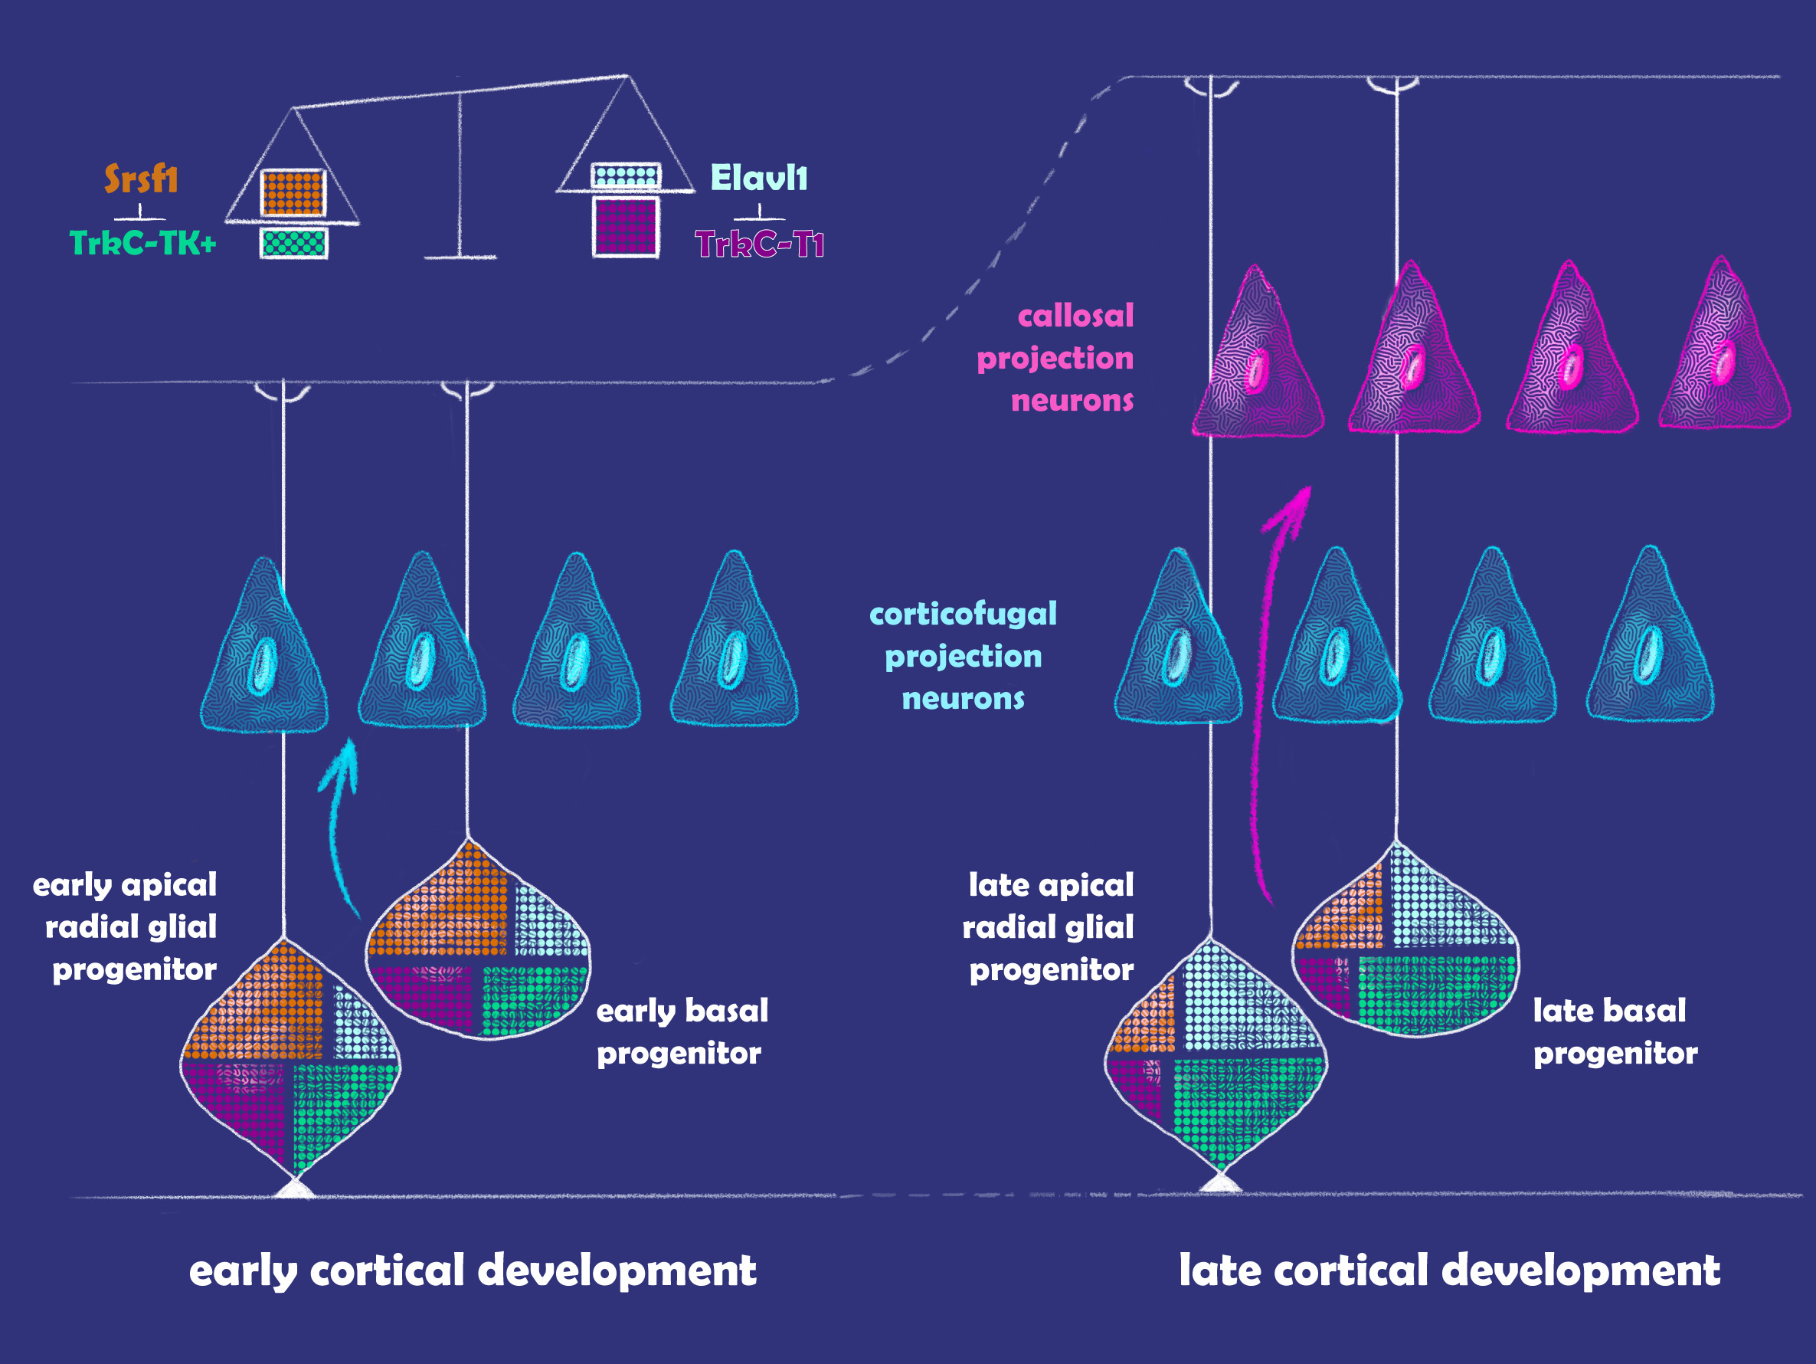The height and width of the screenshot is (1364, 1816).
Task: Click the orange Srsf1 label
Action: [140, 179]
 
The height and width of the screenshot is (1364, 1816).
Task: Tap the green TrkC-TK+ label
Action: [142, 243]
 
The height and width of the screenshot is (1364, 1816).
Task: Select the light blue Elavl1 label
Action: [758, 179]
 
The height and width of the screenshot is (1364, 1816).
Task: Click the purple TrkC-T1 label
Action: [759, 244]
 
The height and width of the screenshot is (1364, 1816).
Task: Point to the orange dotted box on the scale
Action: [293, 192]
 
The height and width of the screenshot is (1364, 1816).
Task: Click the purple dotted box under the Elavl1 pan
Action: [626, 226]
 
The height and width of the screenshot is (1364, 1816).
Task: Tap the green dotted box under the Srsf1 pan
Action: [294, 243]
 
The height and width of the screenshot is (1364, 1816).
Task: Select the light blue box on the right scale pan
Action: [626, 175]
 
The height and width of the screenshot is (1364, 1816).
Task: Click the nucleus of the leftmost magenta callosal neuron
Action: [1256, 370]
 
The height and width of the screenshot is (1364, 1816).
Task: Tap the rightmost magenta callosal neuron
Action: [1723, 353]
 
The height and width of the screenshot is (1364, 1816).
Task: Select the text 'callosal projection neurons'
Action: [1059, 358]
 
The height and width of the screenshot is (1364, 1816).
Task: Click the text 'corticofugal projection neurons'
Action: [963, 656]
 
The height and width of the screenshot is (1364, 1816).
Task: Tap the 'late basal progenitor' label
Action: [1613, 1031]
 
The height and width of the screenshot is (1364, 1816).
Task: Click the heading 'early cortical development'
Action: [472, 1271]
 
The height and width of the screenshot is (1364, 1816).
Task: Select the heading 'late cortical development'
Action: [1449, 1271]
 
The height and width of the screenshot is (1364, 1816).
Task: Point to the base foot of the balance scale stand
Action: [460, 257]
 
